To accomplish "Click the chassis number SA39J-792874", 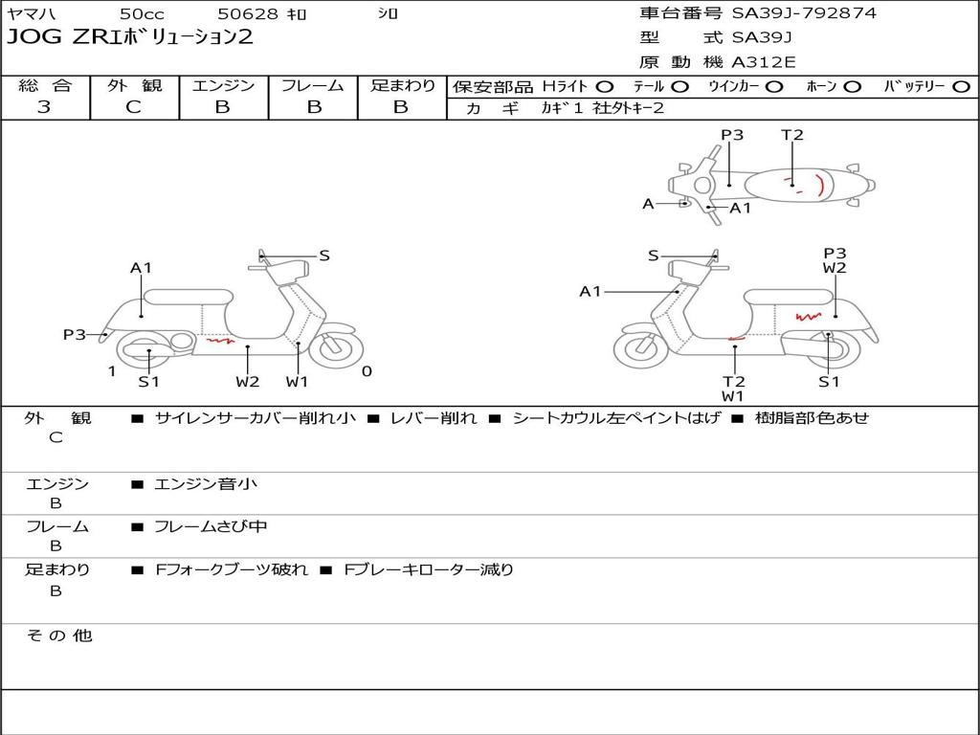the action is point(804,13).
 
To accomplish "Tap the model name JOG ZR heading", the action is point(129,36).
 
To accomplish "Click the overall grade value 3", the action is point(44,106).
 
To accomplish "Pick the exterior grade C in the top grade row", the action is point(134,106).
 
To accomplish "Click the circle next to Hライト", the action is point(605,87).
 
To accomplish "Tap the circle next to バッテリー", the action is point(961,87).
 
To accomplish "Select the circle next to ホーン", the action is point(852,87).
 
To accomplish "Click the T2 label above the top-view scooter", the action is point(791,134).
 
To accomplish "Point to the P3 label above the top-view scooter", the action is point(732,134).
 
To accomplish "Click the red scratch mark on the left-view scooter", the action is point(221,342).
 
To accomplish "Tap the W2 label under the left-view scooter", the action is point(248,381).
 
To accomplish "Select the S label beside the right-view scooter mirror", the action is point(653,255).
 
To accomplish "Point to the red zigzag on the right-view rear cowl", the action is point(808,317).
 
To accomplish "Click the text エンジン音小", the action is point(206,483).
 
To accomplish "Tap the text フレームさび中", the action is point(211,527).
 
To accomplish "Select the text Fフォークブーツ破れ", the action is point(232,570).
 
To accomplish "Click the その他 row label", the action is point(59,635).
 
